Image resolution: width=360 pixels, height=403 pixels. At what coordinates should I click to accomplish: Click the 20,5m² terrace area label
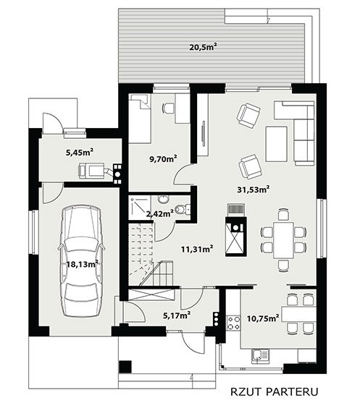click(x=203, y=47)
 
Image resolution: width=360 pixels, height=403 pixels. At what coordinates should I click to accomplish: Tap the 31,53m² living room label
click(x=254, y=190)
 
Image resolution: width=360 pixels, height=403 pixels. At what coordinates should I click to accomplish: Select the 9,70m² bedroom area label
click(x=163, y=159)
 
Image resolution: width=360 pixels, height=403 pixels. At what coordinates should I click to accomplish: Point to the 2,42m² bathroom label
click(x=159, y=213)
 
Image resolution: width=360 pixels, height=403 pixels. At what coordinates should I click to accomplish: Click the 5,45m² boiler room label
click(x=80, y=153)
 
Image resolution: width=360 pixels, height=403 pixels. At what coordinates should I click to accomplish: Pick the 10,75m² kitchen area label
click(x=263, y=318)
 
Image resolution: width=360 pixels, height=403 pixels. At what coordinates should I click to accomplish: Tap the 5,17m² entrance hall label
click(x=177, y=315)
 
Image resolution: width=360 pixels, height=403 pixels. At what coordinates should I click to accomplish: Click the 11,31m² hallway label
click(x=197, y=249)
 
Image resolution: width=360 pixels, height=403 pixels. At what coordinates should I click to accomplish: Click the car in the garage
click(x=81, y=260)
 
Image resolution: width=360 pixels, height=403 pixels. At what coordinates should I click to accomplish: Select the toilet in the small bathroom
click(x=183, y=209)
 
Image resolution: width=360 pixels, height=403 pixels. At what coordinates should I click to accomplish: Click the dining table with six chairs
click(x=284, y=240)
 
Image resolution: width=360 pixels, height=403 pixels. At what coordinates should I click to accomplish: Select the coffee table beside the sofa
click(x=277, y=144)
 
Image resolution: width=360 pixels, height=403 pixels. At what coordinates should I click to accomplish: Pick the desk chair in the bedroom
click(x=168, y=108)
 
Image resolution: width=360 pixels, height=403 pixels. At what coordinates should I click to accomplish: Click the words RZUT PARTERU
click(x=275, y=391)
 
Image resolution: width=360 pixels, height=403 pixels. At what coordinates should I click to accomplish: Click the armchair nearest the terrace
click(x=248, y=115)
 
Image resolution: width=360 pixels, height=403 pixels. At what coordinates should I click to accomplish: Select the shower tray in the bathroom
click(x=139, y=208)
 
